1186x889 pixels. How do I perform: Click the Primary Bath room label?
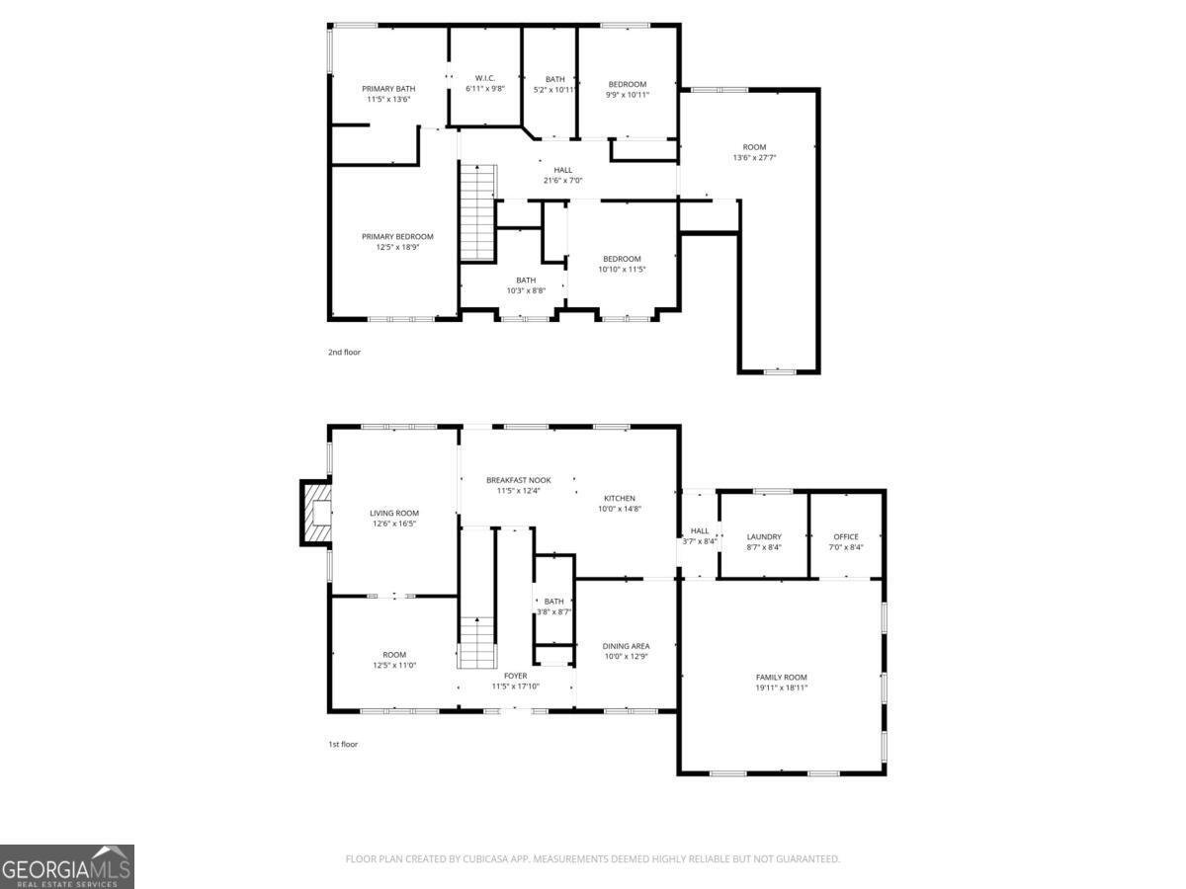coord(387,89)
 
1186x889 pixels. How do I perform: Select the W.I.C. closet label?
coord(484,78)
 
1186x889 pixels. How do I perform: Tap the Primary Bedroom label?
coord(397,237)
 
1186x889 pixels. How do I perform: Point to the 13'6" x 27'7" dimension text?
coord(755,158)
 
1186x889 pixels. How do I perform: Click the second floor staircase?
coord(477,212)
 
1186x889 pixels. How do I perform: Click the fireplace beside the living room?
coord(316,513)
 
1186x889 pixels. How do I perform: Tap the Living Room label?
coord(394,514)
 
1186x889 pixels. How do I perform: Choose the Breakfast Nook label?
coord(518,480)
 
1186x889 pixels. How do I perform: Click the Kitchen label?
coord(620,498)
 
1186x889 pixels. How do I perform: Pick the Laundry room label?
coord(764,537)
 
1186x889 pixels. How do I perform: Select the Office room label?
coord(846,537)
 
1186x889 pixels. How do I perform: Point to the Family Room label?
coord(782,678)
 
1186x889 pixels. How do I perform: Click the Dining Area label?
coord(627,646)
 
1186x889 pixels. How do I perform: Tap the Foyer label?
coord(515,676)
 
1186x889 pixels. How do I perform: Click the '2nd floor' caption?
coord(344,352)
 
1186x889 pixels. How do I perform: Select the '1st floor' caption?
coord(343,744)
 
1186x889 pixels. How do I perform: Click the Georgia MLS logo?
coord(67,866)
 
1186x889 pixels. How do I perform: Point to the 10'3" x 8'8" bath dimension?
coord(526,290)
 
